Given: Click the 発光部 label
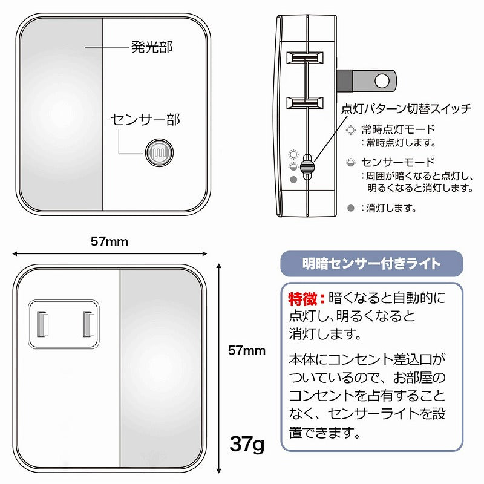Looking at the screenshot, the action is point(152,47).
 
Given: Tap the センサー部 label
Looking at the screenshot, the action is point(145,120).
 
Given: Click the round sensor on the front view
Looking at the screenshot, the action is point(159,152).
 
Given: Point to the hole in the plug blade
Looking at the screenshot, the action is point(382,81).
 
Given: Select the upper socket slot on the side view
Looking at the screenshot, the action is point(305,57).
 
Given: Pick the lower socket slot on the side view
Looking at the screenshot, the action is point(305,103).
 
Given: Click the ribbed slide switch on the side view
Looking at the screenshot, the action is point(307,167).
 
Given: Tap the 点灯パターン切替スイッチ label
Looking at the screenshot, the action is point(407,109).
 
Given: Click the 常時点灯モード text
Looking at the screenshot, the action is point(398,129).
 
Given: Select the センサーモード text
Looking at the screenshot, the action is point(398,162).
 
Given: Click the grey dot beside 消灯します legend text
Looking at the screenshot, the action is point(351,208).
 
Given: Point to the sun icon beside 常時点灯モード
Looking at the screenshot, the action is point(351,129).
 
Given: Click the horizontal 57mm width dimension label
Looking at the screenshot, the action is point(110,241).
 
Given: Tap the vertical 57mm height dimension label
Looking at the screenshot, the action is point(247,351).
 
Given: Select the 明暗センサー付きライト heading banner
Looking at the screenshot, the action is point(371,264).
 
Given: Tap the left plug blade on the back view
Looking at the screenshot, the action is point(43,324).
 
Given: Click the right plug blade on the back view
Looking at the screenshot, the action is point(88,324).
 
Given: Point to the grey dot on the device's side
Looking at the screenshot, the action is point(293,179).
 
